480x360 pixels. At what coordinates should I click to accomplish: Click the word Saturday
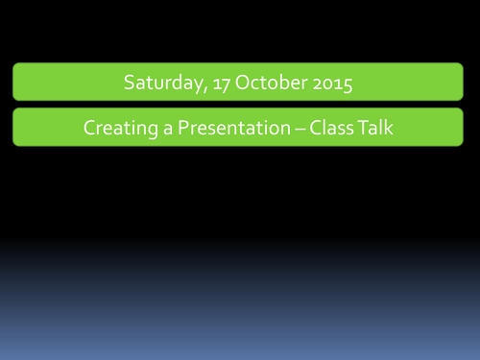(x=160, y=84)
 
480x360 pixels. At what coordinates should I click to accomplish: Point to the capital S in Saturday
(x=129, y=84)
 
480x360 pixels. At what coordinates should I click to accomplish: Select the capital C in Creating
(x=89, y=128)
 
